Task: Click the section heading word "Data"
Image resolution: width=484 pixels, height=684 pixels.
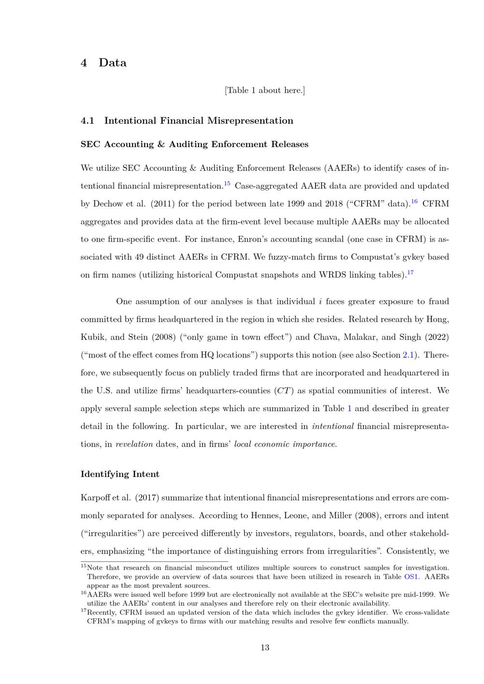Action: [x=112, y=63]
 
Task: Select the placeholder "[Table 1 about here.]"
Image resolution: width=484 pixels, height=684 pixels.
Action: [x=265, y=90]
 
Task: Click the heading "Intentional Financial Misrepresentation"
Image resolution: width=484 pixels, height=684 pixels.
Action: [x=198, y=121]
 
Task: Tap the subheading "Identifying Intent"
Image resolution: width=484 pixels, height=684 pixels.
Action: [x=120, y=474]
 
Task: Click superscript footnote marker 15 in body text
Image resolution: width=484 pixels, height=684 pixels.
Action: [x=227, y=183]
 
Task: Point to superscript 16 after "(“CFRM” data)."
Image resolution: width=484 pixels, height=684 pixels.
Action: [x=414, y=201]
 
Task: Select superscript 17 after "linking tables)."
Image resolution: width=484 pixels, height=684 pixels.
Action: [x=410, y=272]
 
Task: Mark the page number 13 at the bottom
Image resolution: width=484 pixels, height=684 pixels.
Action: [x=265, y=648]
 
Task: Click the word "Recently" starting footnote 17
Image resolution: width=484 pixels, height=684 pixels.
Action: [x=101, y=612]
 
